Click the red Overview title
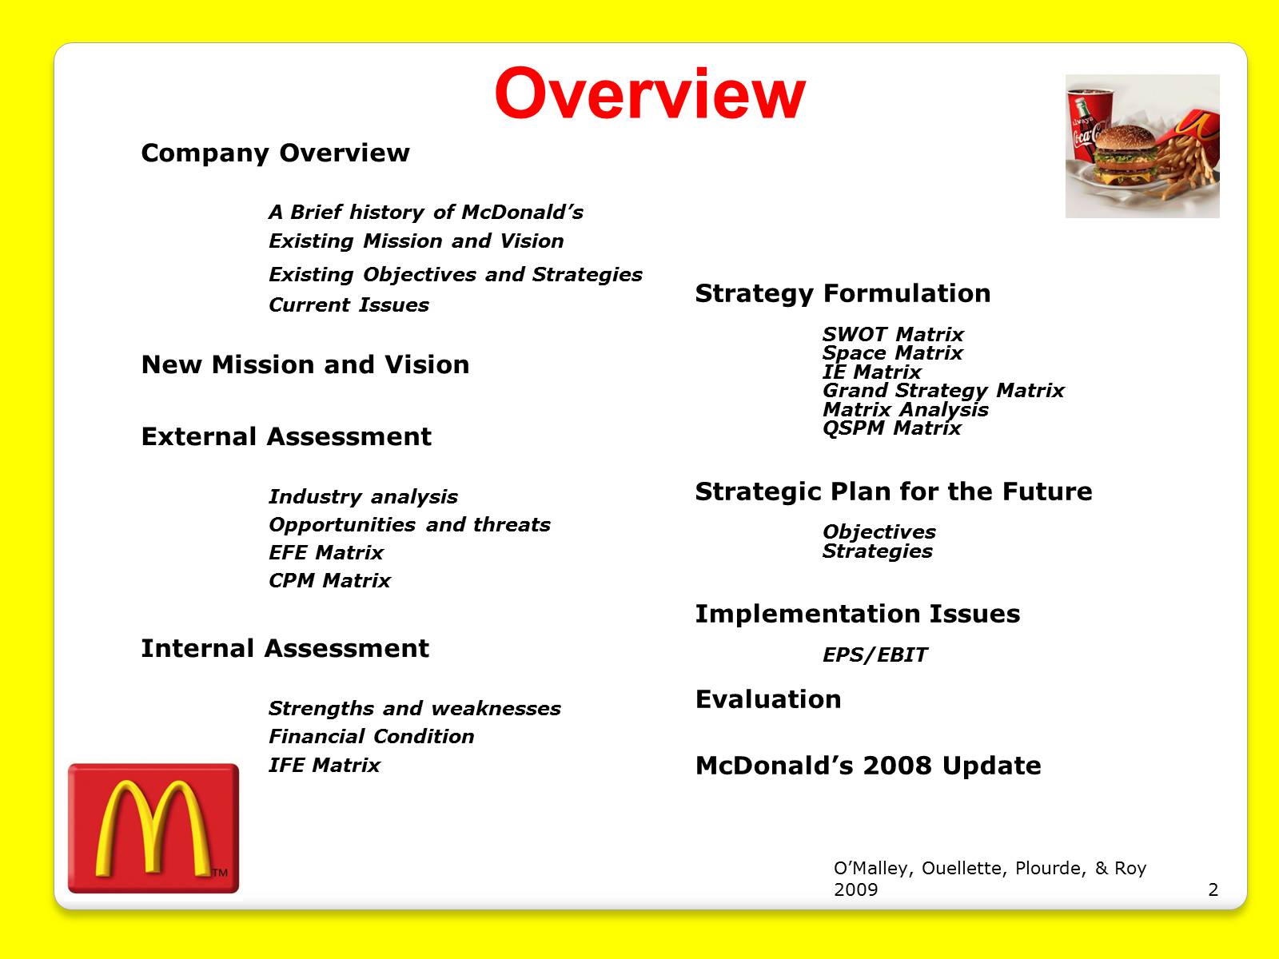[x=650, y=94]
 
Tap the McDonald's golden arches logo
[x=153, y=827]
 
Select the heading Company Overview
[x=275, y=153]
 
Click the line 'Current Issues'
[x=349, y=304]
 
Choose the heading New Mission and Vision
[x=305, y=365]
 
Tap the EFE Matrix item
[x=325, y=552]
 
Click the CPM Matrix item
[x=329, y=580]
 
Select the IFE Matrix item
[x=324, y=765]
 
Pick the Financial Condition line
[x=371, y=737]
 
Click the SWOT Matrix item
[x=893, y=334]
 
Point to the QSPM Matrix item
[x=891, y=428]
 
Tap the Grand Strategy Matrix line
[x=943, y=390]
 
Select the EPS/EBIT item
[x=875, y=655]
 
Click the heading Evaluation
[x=768, y=699]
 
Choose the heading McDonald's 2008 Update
[x=868, y=766]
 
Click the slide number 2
[x=1213, y=889]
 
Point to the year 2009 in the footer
[x=855, y=889]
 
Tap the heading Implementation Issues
[x=858, y=614]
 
